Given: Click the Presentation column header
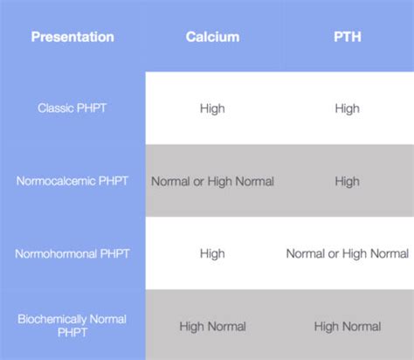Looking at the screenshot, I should (x=72, y=37).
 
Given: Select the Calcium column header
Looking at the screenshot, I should (x=212, y=37).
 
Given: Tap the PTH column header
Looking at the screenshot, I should (x=347, y=37).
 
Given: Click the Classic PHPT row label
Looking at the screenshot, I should (x=72, y=108).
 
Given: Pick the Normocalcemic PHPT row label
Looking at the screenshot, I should (x=72, y=182).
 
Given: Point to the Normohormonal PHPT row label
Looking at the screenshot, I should (x=72, y=254).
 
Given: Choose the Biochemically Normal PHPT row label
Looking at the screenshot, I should (x=72, y=326).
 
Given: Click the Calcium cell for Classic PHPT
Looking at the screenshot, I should (x=212, y=108).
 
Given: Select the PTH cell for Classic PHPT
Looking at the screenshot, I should (x=347, y=108).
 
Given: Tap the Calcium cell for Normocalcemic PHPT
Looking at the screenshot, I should (x=212, y=182).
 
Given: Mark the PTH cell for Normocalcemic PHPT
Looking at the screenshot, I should (x=347, y=182).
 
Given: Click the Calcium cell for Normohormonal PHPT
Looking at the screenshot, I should (x=212, y=254).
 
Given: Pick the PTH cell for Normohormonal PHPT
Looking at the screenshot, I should (x=347, y=254).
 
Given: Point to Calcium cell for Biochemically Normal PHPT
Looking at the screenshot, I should (x=212, y=327).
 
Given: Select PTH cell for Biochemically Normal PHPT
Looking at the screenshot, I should (x=347, y=327).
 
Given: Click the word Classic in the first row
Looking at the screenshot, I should (x=57, y=108).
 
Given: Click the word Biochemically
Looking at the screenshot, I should (x=53, y=319).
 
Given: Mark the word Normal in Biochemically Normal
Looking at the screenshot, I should (x=107, y=319).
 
